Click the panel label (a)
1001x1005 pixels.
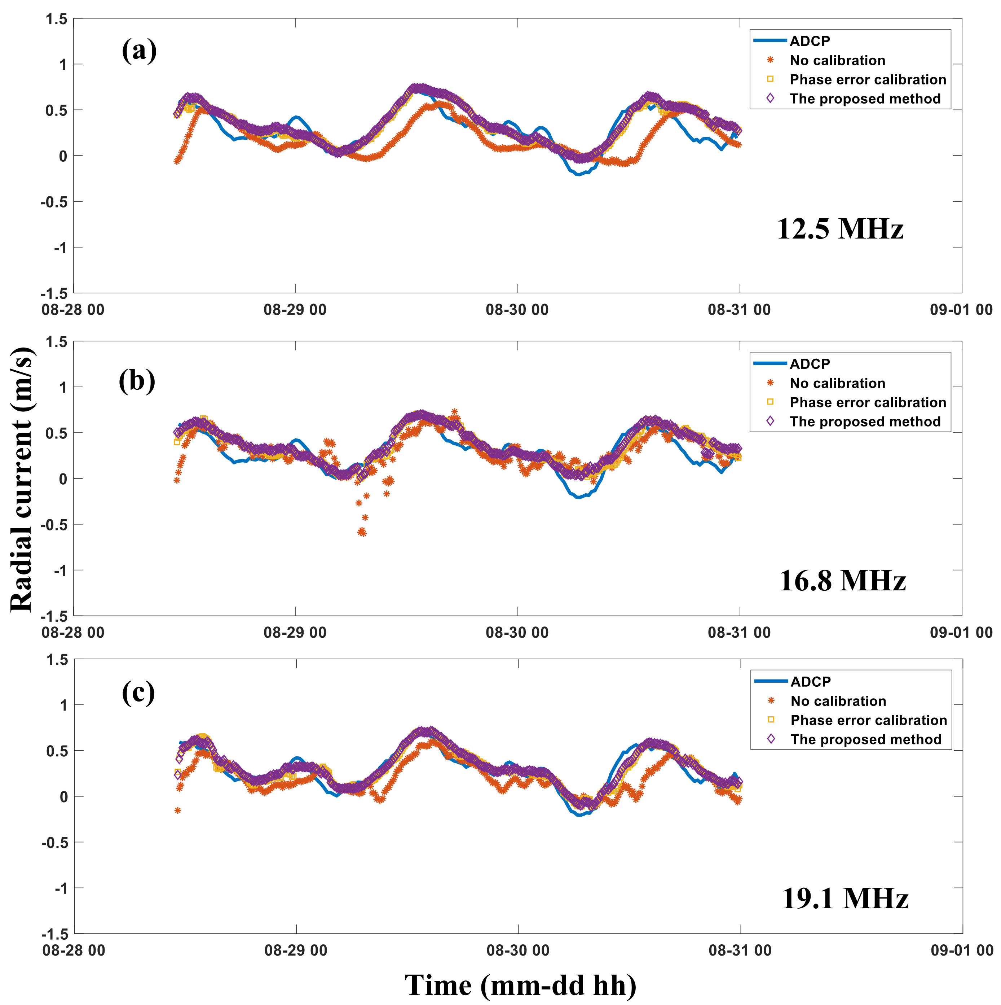click(x=139, y=51)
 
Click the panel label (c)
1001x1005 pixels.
click(x=138, y=692)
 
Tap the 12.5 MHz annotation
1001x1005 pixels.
click(x=840, y=228)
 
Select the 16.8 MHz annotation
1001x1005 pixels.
click(x=842, y=581)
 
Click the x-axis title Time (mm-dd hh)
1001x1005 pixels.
click(x=520, y=985)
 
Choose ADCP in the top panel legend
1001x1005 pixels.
click(x=810, y=41)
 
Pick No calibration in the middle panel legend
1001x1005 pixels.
click(x=837, y=383)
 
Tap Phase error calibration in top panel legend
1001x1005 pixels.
click(x=868, y=80)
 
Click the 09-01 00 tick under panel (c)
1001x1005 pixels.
click(x=961, y=951)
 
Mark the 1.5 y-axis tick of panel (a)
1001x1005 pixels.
click(x=57, y=19)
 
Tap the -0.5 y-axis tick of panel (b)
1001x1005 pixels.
click(x=54, y=524)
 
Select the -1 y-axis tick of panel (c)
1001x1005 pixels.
click(x=61, y=888)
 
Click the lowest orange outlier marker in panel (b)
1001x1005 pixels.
click(x=362, y=533)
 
